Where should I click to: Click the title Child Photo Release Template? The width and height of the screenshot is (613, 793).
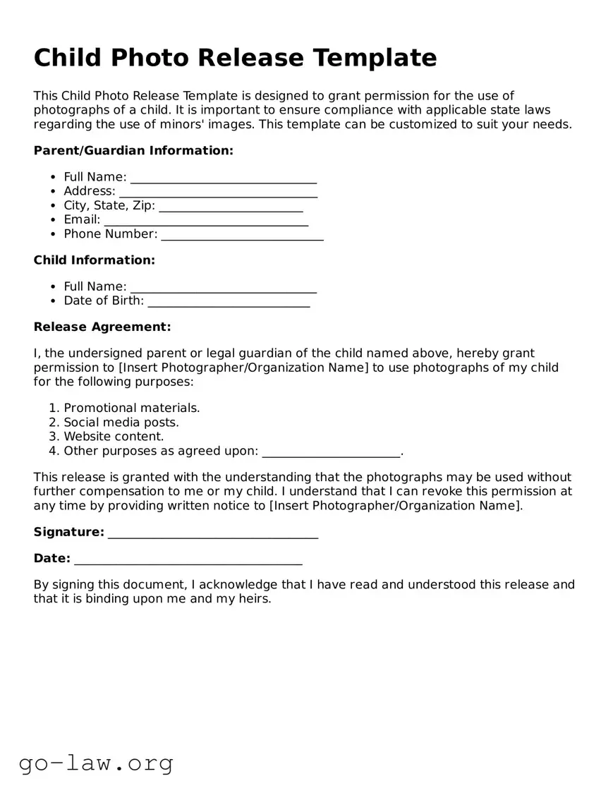(235, 58)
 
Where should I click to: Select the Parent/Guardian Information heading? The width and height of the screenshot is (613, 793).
(133, 150)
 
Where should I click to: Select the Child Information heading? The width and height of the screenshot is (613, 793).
(94, 260)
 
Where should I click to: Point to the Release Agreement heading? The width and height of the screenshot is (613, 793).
(102, 327)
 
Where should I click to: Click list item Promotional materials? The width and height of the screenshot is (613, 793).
(132, 408)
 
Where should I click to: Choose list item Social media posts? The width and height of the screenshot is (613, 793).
(121, 422)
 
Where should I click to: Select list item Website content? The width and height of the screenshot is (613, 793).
(114, 437)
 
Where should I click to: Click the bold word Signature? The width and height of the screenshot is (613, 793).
(68, 532)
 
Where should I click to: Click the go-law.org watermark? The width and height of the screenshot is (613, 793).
(96, 763)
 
